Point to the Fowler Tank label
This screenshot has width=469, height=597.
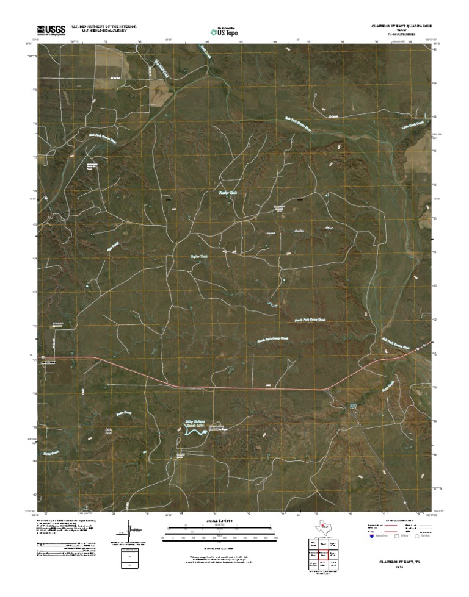(227, 193)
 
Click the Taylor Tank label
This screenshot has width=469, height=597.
(199, 257)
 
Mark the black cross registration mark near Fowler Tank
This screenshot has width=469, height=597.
(169, 199)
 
